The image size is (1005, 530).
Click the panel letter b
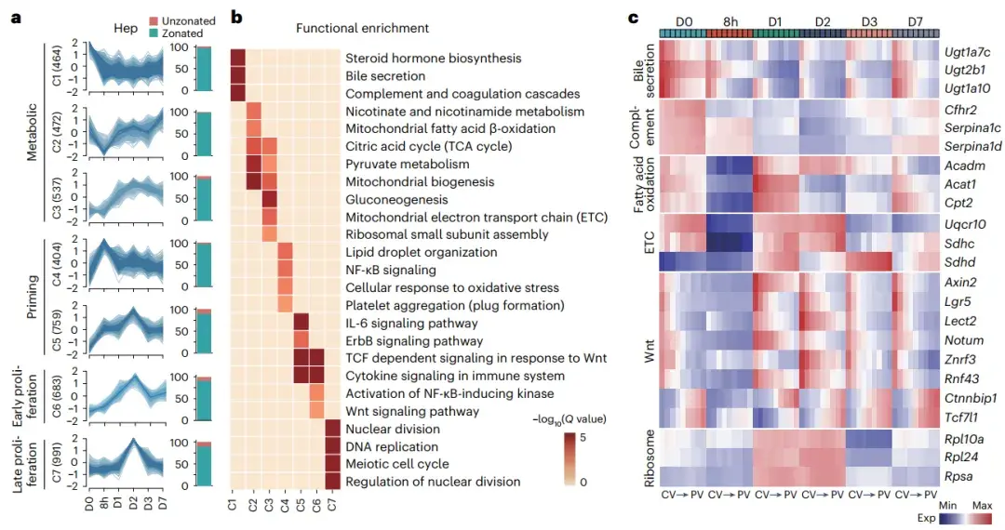[236, 17]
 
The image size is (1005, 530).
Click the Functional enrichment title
[349, 29]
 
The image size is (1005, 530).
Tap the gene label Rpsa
[958, 479]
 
